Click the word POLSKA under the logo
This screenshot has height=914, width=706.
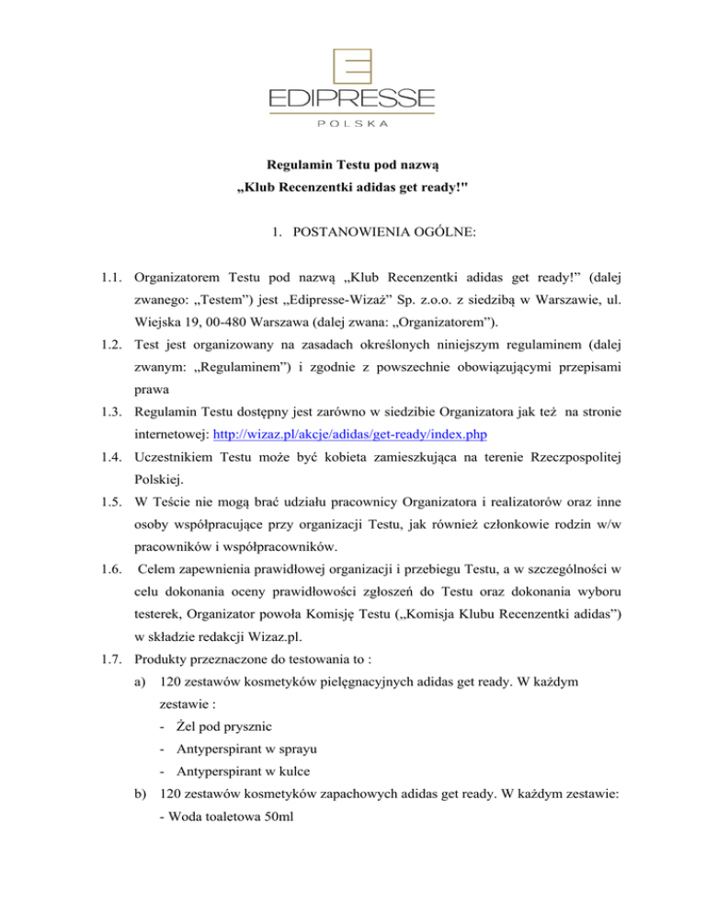click(352, 121)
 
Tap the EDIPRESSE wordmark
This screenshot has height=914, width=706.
click(352, 97)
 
